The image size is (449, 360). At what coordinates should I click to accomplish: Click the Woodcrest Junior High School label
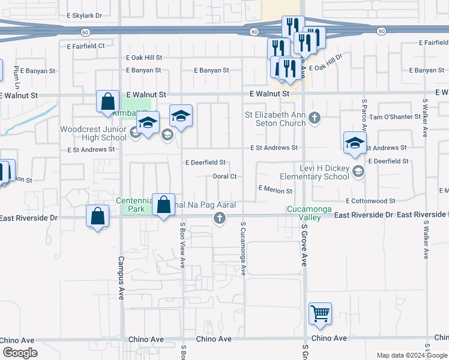tap(93, 133)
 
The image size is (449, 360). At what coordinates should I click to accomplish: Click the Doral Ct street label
tap(225, 176)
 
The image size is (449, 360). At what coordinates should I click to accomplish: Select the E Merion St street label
tap(275, 190)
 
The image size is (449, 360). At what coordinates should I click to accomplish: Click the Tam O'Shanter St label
tap(393, 117)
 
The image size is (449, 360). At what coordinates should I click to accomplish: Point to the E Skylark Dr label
tap(85, 14)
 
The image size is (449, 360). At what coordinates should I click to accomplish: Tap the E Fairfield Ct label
tap(85, 45)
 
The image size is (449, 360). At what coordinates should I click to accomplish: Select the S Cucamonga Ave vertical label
tap(243, 248)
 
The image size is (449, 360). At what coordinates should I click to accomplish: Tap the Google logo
tap(20, 353)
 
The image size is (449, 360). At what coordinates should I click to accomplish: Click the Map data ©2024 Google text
tap(411, 355)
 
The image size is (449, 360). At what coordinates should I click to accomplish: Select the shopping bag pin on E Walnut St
tap(107, 103)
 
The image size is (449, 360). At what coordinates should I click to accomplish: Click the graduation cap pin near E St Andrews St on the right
tap(355, 143)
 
